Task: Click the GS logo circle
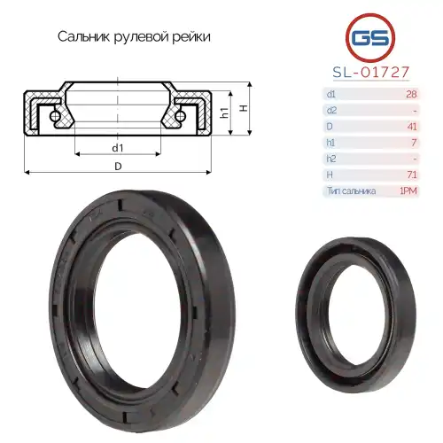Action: (x=368, y=38)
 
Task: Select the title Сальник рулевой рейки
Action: (x=134, y=37)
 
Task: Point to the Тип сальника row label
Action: (x=351, y=190)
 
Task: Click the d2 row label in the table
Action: (x=331, y=110)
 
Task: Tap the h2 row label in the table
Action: (x=331, y=159)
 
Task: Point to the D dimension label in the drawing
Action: (x=118, y=166)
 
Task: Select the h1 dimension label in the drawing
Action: (x=225, y=114)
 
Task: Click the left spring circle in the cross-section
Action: (x=56, y=116)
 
